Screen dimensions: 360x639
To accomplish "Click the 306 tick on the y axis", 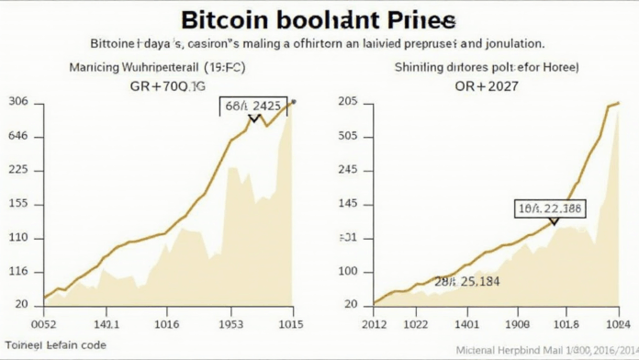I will [19, 103].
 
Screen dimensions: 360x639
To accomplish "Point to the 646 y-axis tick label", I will [19, 137].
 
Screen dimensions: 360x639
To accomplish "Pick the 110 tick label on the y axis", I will [19, 239].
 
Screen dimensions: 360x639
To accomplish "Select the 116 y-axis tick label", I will [19, 273].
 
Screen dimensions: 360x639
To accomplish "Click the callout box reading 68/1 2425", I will [253, 107].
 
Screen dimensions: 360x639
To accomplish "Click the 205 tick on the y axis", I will [348, 103].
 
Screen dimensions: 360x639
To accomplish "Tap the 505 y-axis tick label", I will [348, 137].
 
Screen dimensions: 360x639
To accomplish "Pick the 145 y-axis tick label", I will [348, 205].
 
